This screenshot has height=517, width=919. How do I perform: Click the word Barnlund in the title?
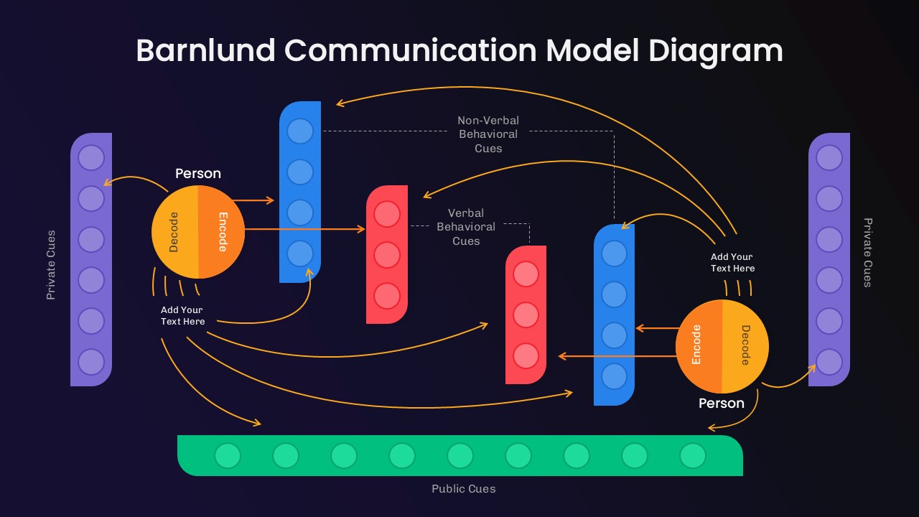205,51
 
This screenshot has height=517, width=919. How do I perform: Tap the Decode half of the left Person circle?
174,231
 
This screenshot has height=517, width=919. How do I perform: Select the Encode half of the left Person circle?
222,231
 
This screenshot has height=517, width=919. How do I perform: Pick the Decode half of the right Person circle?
745,346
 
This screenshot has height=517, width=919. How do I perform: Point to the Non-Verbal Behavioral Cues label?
488,134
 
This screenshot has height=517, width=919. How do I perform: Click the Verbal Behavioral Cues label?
466,227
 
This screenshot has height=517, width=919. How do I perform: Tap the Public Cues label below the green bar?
463,489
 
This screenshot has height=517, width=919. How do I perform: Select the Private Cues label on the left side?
51,265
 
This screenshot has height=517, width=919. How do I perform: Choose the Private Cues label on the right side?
867,253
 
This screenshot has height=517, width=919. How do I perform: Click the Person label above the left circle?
198,174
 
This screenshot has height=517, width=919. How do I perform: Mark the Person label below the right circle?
722,404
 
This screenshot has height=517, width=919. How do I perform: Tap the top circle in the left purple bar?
91,158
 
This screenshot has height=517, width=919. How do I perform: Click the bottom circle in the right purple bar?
829,362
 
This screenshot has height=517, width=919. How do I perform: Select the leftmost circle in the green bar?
228,455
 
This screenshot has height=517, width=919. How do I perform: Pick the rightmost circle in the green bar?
693,455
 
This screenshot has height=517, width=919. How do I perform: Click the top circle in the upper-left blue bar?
300,131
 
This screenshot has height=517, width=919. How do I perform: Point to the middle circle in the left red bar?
387,255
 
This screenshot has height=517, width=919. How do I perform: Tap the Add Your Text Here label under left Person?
182,316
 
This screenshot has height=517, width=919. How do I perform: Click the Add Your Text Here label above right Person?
732,263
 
